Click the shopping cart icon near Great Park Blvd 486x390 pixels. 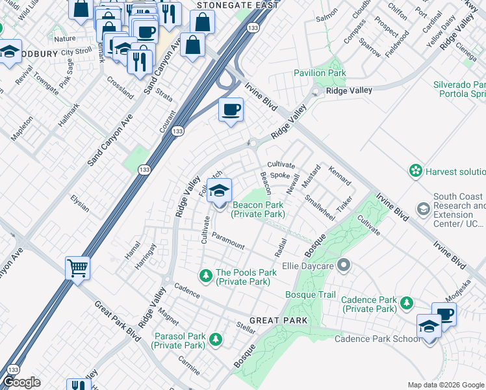tap(77, 267)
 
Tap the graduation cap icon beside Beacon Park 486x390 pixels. tap(220, 190)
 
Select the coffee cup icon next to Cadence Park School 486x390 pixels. tap(444, 315)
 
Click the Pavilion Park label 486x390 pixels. tap(320, 73)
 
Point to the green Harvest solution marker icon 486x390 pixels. tap(415, 171)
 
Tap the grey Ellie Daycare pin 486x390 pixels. tap(344, 265)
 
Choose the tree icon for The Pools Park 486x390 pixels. tap(206, 277)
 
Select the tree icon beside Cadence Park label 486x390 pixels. tap(407, 303)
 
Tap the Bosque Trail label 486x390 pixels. tap(311, 295)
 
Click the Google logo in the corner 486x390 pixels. tap(21, 382)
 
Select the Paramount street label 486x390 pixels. tap(228, 242)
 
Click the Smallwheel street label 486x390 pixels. tap(320, 209)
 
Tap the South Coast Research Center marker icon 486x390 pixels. tap(423, 208)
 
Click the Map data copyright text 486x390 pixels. tap(446, 385)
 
